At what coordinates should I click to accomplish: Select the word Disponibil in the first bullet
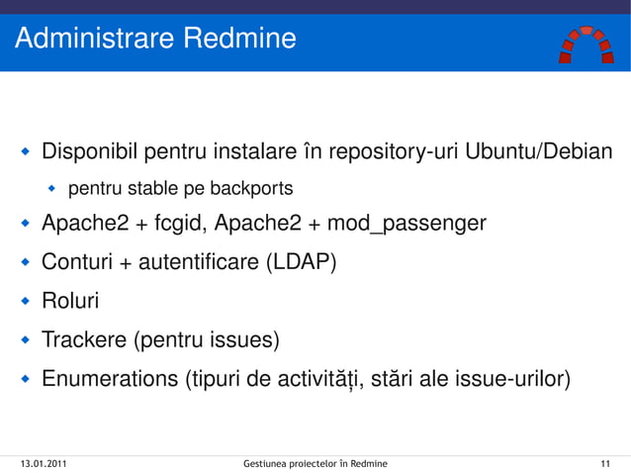(90, 153)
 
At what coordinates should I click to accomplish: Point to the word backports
(250, 187)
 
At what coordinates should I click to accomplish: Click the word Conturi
(77, 262)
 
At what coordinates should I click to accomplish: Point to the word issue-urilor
(510, 380)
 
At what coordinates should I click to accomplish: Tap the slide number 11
(604, 462)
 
